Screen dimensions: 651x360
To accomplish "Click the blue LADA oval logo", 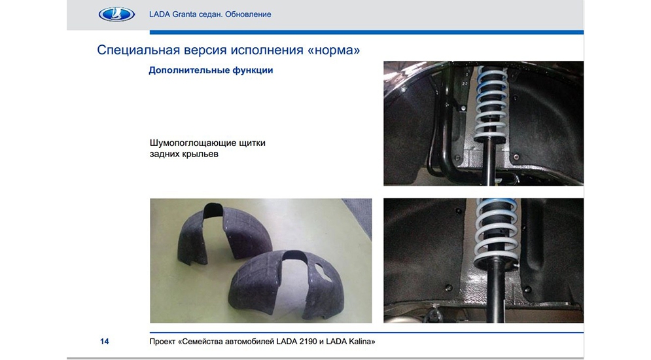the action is pyautogui.click(x=116, y=14).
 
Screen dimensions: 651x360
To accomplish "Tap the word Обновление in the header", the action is pyautogui.click(x=248, y=14).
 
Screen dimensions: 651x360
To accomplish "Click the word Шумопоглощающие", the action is pyautogui.click(x=192, y=143).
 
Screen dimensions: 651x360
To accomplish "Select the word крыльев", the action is pyautogui.click(x=200, y=154).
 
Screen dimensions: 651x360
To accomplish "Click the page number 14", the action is pyautogui.click(x=104, y=341).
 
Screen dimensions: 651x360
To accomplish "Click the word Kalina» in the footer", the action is pyautogui.click(x=362, y=342).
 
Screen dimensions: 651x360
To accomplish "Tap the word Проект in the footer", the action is pyautogui.click(x=162, y=342).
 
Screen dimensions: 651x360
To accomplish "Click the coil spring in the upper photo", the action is pyautogui.click(x=491, y=104).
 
